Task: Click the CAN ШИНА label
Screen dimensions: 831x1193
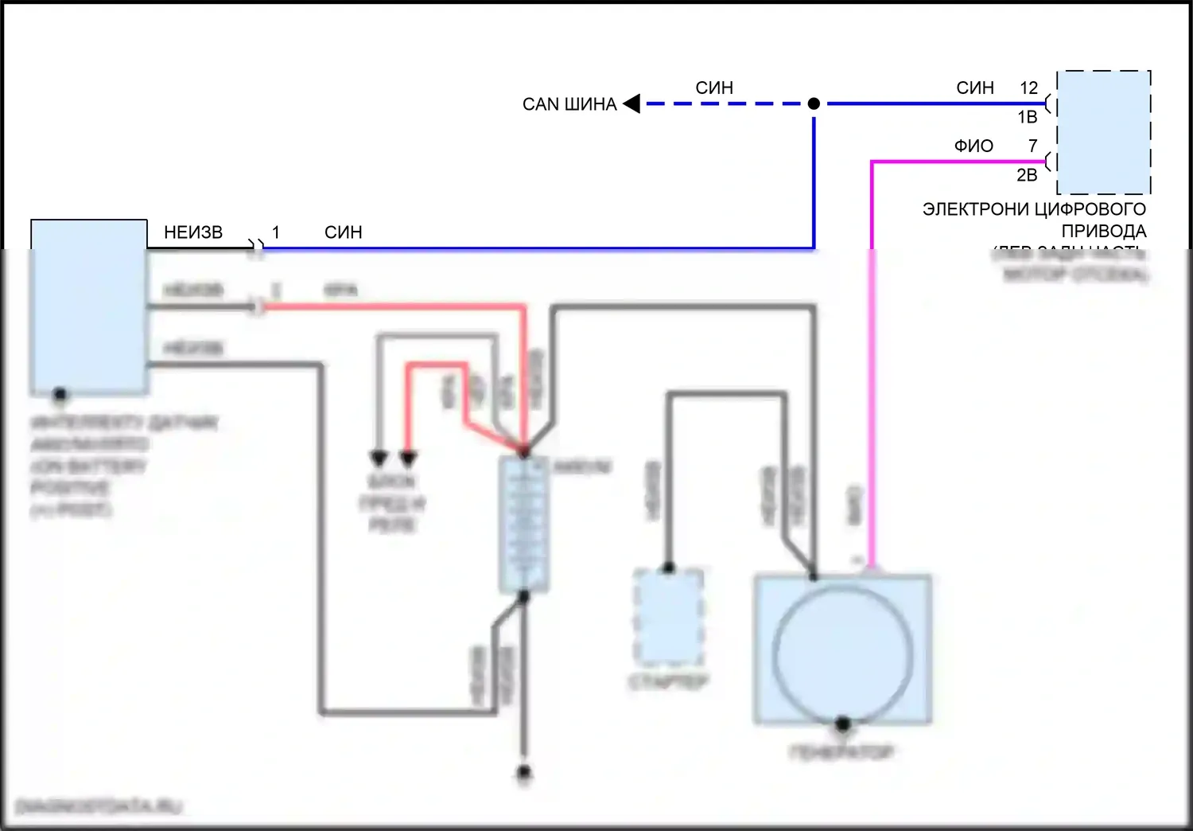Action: pyautogui.click(x=569, y=104)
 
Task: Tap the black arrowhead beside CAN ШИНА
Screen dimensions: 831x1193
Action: pyautogui.click(x=632, y=103)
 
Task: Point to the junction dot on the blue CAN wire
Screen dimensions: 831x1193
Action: pyautogui.click(x=814, y=103)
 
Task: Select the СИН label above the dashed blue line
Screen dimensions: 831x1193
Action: pyautogui.click(x=714, y=88)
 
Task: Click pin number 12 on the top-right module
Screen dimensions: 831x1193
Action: pyautogui.click(x=1028, y=88)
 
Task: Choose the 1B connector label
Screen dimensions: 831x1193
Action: pyautogui.click(x=1027, y=117)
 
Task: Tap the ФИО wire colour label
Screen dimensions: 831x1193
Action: pyautogui.click(x=973, y=146)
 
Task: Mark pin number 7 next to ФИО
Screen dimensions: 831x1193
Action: pyautogui.click(x=1032, y=146)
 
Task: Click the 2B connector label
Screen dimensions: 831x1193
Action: pyautogui.click(x=1027, y=175)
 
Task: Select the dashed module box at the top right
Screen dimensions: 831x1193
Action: pyautogui.click(x=1103, y=132)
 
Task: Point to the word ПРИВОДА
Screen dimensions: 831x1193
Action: pyautogui.click(x=1103, y=231)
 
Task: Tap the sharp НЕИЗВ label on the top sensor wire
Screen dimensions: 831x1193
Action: pyautogui.click(x=193, y=232)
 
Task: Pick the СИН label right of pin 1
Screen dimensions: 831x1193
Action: pyautogui.click(x=343, y=232)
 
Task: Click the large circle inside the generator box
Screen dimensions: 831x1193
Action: pyautogui.click(x=842, y=650)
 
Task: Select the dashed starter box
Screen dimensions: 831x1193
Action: pyautogui.click(x=668, y=617)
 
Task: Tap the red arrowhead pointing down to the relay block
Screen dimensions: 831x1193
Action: pyautogui.click(x=408, y=459)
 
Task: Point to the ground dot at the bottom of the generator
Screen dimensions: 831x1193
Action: pyautogui.click(x=842, y=724)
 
